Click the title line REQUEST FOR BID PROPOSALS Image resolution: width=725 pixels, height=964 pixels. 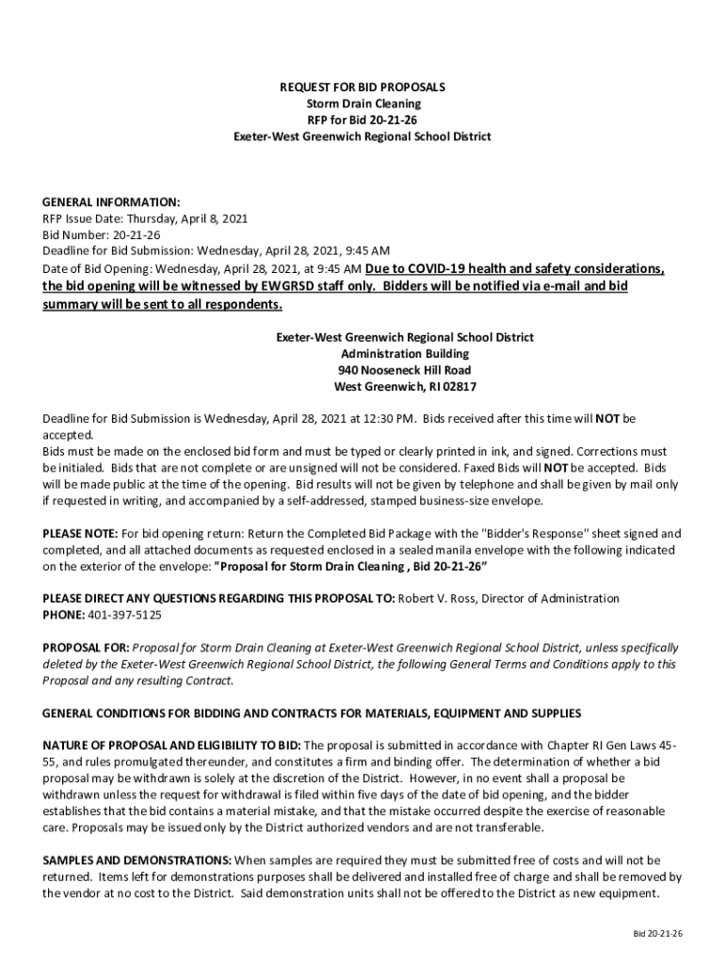(362, 88)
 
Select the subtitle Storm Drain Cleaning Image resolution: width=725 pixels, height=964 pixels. (362, 104)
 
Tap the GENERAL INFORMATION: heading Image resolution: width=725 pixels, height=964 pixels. (111, 202)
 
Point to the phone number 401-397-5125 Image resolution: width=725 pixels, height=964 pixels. (124, 615)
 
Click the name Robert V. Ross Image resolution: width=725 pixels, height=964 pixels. (438, 599)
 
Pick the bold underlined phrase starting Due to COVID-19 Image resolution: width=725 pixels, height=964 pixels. (514, 268)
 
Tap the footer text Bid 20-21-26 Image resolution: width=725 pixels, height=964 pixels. (657, 933)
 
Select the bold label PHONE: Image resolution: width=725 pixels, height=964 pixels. (63, 615)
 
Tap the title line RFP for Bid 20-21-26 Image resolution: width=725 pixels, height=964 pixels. (362, 120)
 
